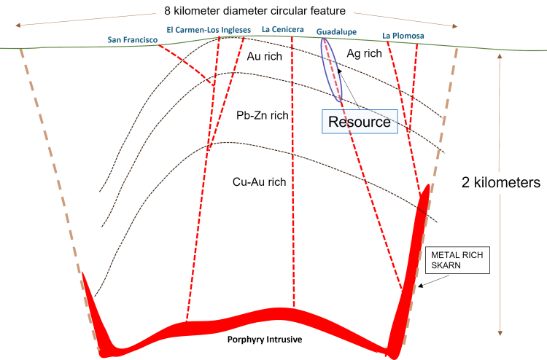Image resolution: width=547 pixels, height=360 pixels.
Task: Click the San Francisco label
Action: tap(132, 39)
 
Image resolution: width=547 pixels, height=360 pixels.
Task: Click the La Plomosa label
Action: tap(403, 34)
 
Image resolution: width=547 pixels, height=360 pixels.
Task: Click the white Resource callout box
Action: tap(360, 122)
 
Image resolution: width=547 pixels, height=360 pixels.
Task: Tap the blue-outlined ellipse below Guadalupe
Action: tap(331, 69)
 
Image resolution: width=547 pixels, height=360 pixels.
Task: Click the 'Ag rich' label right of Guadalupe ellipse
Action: tap(362, 55)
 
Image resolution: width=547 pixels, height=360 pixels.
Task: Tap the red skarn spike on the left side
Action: tap(93, 306)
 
